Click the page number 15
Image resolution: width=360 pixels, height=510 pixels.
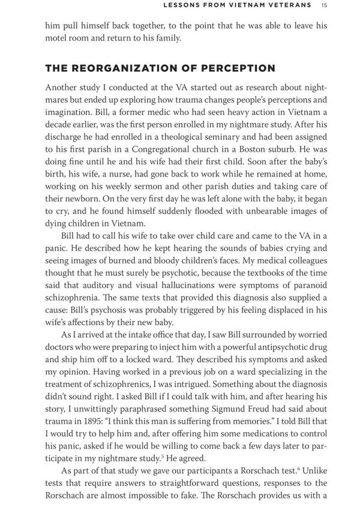coord(323,5)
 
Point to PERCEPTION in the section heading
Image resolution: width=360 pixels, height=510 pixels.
coord(237,68)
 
